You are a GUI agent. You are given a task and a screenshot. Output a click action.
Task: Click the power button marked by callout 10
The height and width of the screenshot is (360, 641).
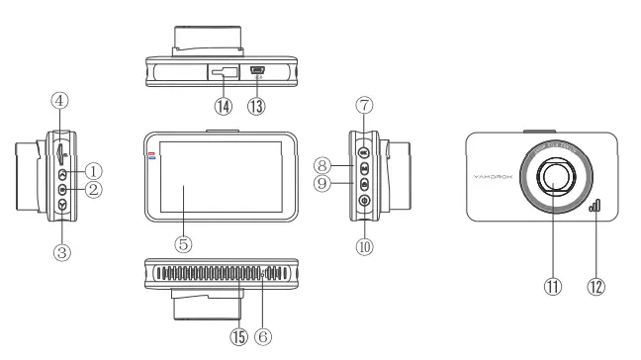click(364, 202)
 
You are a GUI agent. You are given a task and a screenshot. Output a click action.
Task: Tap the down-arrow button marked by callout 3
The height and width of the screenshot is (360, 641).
click(62, 204)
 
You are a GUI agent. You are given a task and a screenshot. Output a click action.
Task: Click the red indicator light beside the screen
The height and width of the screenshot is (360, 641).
click(151, 154)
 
